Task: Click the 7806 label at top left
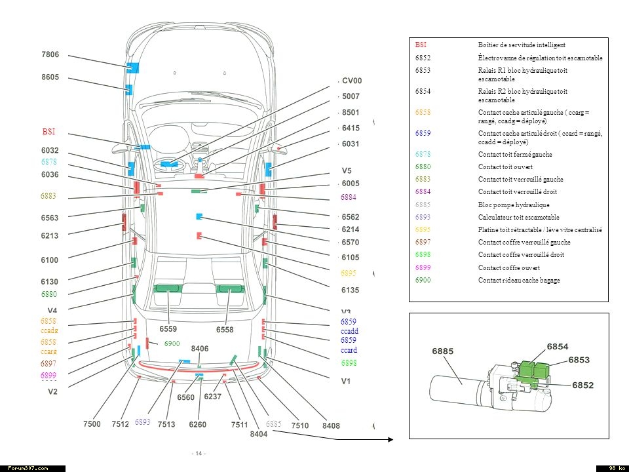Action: pos(50,54)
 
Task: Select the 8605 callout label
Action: pos(50,77)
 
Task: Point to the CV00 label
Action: pos(352,81)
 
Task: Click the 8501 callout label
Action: pos(351,113)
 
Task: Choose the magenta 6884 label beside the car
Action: pos(349,197)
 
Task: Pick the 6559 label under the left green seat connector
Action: pos(169,329)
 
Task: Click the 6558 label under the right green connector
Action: pos(225,330)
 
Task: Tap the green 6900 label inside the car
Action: pos(172,344)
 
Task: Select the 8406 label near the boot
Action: pos(200,349)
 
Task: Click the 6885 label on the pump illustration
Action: pos(443,351)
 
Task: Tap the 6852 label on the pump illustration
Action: pos(583,385)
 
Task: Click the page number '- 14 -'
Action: pos(199,454)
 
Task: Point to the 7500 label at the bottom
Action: pos(92,425)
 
